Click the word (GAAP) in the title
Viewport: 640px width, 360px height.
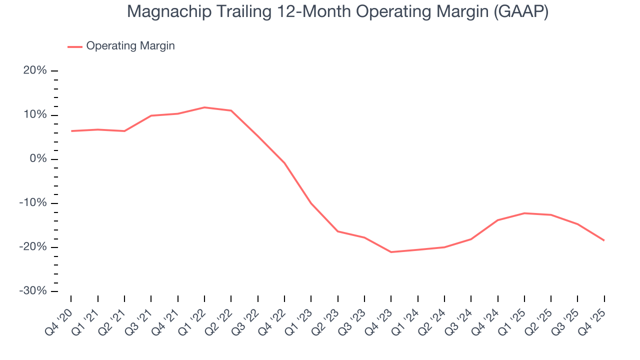coord(520,11)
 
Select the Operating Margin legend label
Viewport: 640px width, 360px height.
coord(130,46)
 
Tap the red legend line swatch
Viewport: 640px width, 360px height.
coord(75,46)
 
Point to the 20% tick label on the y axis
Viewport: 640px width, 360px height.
coord(35,70)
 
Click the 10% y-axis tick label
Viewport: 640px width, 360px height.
coord(35,114)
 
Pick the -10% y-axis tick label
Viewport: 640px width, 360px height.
coord(33,203)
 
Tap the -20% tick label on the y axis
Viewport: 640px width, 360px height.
coord(33,247)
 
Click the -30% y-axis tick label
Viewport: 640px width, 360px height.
coord(33,291)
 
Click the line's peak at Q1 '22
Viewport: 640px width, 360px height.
coord(204,107)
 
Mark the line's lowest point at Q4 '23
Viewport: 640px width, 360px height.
coord(391,252)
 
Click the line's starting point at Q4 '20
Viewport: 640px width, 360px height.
coord(71,131)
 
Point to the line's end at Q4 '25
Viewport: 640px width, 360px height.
coord(604,240)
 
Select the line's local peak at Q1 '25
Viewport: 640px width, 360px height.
coord(524,213)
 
